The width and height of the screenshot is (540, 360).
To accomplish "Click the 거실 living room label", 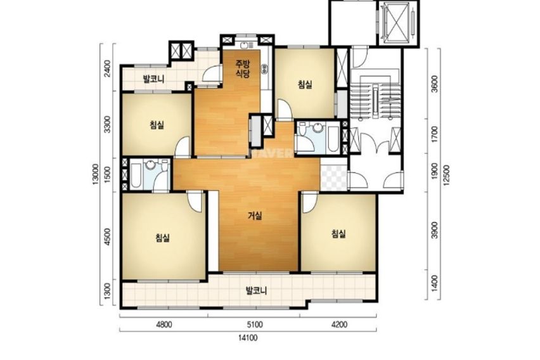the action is (255, 216).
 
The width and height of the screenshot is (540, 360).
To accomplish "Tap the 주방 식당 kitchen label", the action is (243, 68).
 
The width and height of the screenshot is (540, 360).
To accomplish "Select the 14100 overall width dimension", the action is (248, 338).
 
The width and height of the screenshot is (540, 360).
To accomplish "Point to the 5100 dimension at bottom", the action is (255, 325).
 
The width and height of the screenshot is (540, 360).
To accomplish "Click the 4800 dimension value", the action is (164, 325).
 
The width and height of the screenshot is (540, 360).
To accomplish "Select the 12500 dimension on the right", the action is (447, 176).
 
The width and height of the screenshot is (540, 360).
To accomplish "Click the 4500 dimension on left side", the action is (108, 236).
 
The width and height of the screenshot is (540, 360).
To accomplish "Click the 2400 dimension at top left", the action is (108, 68).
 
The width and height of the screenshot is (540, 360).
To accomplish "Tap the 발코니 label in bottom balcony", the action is (256, 291).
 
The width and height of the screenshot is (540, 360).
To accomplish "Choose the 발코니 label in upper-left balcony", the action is (153, 79).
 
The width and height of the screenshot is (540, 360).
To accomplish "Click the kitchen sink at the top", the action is (244, 45).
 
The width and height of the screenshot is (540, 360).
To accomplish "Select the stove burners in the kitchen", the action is (264, 69).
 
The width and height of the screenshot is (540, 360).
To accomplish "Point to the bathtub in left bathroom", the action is (136, 176).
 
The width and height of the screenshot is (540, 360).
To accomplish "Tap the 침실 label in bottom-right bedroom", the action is (338, 235).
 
